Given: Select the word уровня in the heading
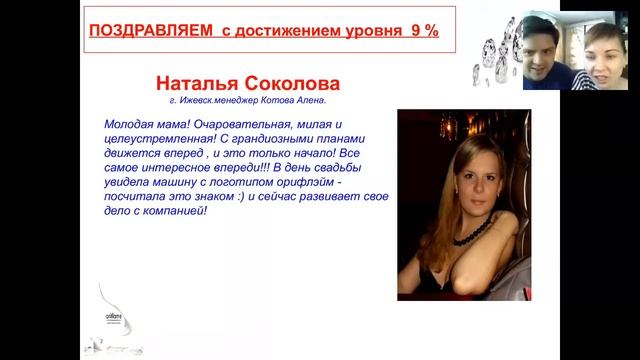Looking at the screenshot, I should click(361, 31).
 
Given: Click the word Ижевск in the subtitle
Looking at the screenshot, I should click(199, 101).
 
